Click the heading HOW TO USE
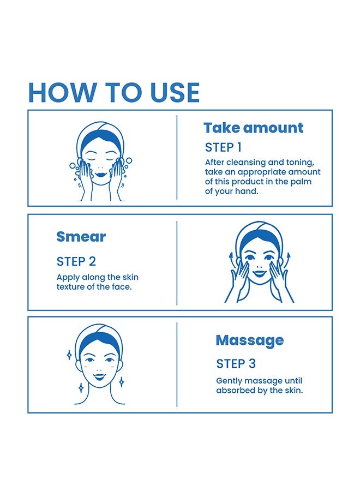114,92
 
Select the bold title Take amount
253,128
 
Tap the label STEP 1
223,147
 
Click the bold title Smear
81,237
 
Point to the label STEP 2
76,261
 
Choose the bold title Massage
250,340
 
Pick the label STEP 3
236,363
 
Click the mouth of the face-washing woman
101,174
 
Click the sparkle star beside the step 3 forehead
69,355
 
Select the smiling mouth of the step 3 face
100,376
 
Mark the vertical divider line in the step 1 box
177,157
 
